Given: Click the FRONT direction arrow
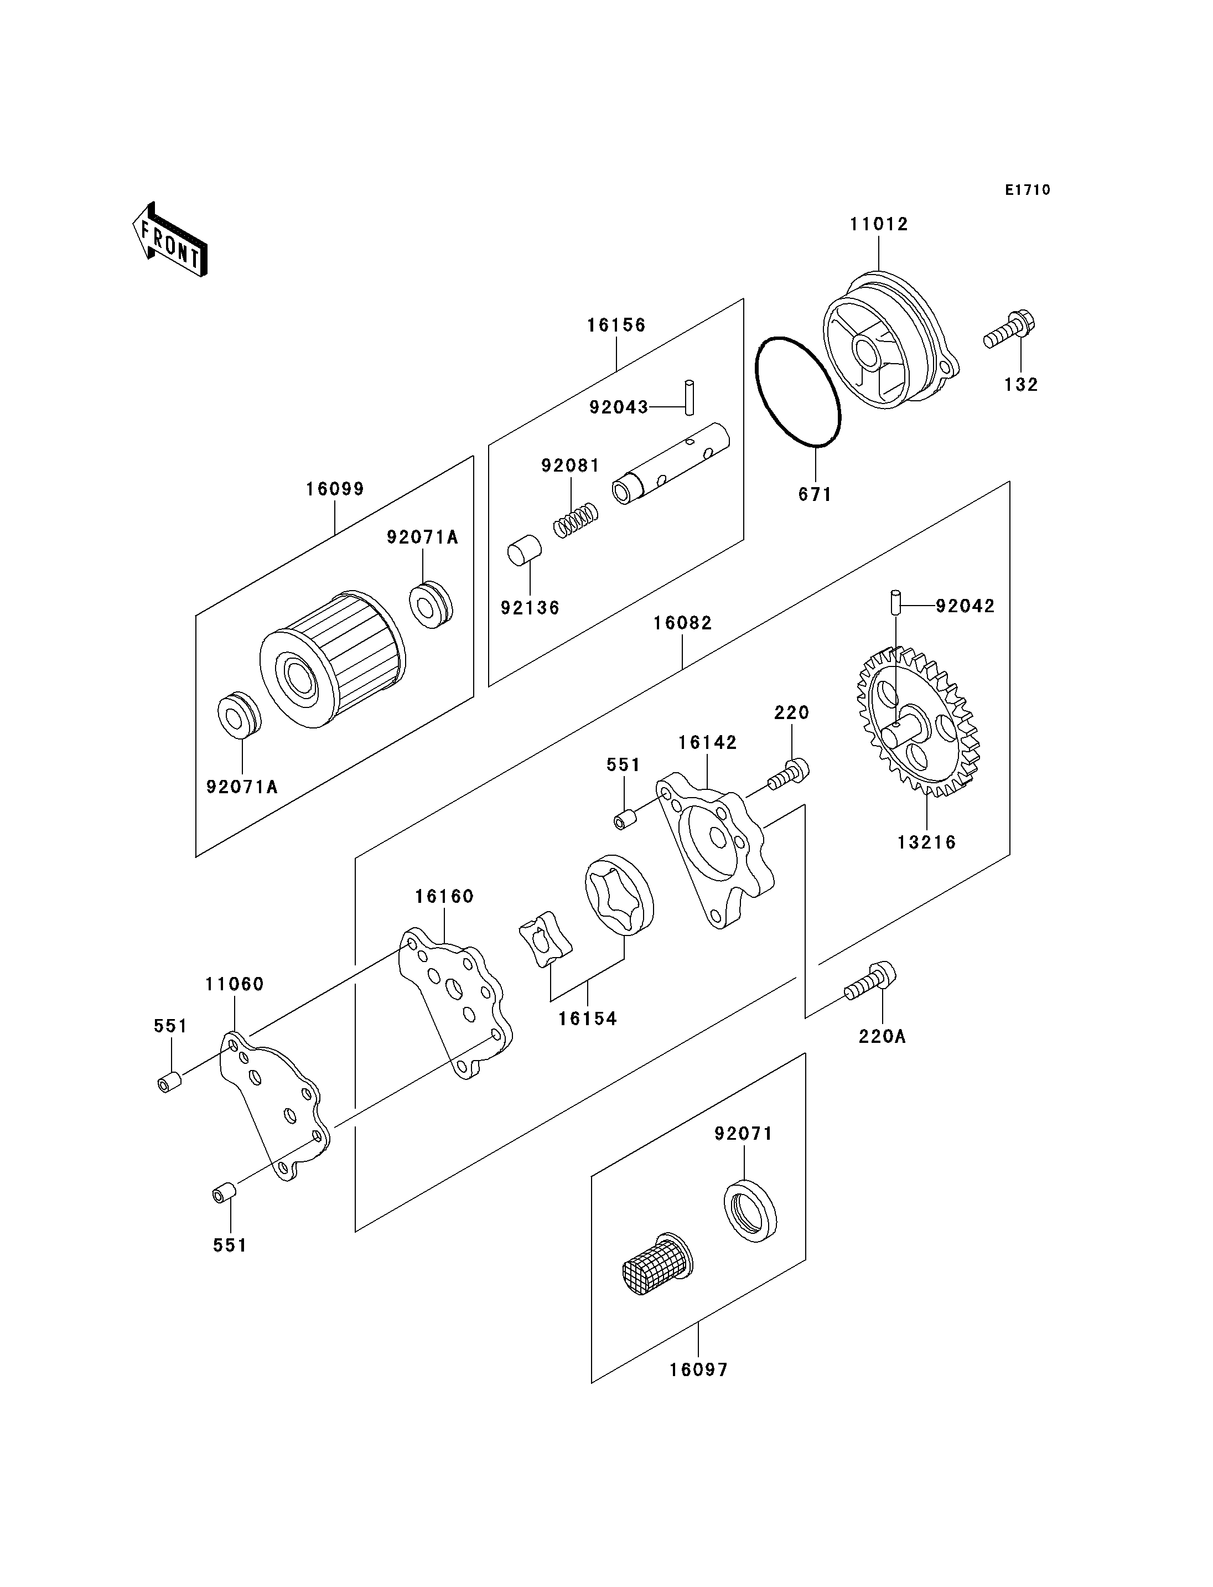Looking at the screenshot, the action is click(170, 240).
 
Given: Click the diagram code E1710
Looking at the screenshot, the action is click(1028, 190).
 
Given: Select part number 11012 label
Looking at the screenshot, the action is click(879, 225).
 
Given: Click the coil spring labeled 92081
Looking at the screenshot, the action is click(576, 520).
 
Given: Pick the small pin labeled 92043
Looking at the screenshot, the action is click(690, 397).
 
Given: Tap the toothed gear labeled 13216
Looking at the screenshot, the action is click(917, 722).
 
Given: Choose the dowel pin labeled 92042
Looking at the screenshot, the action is click(895, 602).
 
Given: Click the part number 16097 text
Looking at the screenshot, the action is click(698, 1369).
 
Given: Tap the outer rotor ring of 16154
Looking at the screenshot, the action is click(619, 895).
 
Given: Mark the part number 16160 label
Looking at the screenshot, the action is click(444, 896).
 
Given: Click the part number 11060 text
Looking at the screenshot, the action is click(235, 984).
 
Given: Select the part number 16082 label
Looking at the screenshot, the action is click(682, 623).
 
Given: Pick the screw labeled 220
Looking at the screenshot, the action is click(789, 774).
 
